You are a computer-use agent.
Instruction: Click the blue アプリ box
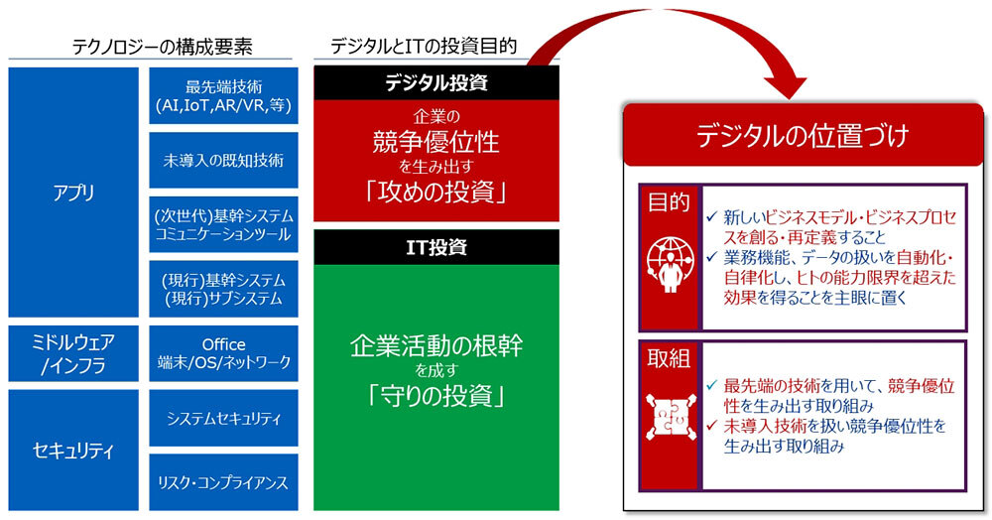click(73, 193)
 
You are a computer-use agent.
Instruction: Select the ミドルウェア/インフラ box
click(73, 353)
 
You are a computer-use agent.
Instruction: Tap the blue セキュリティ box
click(73, 450)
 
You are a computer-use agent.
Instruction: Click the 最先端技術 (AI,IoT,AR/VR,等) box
click(223, 96)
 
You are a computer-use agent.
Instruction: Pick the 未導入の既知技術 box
click(223, 160)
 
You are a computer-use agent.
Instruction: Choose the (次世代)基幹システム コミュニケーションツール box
click(223, 224)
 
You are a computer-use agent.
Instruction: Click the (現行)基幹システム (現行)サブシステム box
click(223, 289)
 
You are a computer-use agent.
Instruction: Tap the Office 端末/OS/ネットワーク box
click(223, 353)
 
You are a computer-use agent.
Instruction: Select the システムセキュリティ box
click(223, 418)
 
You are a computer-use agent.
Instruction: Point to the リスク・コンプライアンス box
click(223, 482)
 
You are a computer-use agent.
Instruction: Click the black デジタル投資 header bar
click(436, 82)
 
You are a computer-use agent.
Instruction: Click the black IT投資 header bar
click(436, 247)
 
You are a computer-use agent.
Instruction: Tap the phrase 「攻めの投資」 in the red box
click(436, 193)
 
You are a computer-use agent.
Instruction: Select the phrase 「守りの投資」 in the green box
click(436, 397)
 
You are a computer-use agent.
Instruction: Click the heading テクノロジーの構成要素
click(162, 47)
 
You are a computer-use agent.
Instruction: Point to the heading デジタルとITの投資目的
click(424, 46)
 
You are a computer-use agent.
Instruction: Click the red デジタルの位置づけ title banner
click(803, 135)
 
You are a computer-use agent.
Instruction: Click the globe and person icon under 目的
click(670, 264)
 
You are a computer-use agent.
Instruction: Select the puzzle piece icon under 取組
click(670, 417)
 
